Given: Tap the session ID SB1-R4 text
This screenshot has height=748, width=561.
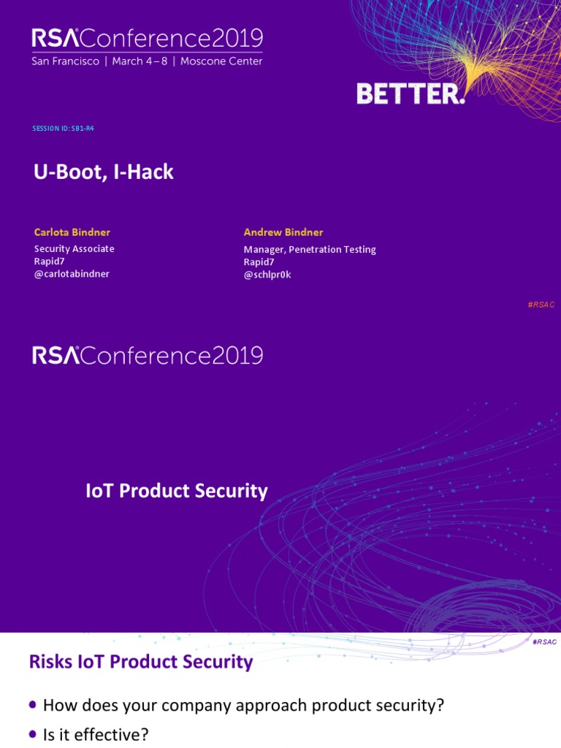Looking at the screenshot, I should [x=64, y=129].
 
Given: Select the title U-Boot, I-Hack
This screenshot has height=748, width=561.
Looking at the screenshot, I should [x=104, y=172].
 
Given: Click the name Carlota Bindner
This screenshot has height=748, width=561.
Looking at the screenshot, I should [x=72, y=232].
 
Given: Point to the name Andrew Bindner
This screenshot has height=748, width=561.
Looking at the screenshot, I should [x=283, y=232].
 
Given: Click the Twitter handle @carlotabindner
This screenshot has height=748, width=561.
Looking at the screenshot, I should [x=72, y=274].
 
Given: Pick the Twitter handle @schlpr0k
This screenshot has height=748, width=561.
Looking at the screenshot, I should [x=267, y=275].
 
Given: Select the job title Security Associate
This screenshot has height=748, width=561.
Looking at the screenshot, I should [x=75, y=249].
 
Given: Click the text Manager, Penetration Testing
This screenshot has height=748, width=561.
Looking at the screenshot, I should [x=310, y=250].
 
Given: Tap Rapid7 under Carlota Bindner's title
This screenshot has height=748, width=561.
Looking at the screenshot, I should [x=50, y=262].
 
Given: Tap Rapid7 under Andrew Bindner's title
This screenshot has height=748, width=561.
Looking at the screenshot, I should [x=259, y=262].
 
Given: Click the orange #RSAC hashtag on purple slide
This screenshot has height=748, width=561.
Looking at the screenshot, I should [x=541, y=305].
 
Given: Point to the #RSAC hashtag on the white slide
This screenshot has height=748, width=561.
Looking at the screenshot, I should [x=545, y=641].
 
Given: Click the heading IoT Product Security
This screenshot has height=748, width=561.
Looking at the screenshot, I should [x=177, y=491].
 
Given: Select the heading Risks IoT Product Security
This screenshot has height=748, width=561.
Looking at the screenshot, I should [x=141, y=663].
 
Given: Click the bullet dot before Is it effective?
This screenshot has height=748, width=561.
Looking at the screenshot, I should [x=33, y=733].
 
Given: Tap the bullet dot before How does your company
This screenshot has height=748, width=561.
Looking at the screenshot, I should [x=33, y=704].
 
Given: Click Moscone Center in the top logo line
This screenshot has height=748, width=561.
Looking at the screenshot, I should [x=222, y=61].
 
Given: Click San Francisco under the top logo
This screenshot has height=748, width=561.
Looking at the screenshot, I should [x=65, y=61].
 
